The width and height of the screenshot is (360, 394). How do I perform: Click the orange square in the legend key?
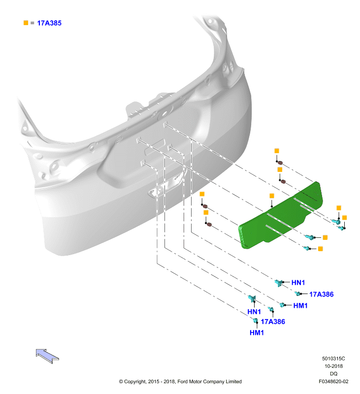click(26, 23)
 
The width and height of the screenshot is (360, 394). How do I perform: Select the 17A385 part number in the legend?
click(49, 23)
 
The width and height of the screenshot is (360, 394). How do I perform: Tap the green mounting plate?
click(280, 216)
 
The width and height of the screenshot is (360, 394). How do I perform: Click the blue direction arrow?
click(47, 356)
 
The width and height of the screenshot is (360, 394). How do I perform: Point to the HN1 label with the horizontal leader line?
click(298, 283)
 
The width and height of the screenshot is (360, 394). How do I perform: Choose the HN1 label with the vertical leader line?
click(254, 312)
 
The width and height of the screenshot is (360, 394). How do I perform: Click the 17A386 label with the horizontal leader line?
click(321, 294)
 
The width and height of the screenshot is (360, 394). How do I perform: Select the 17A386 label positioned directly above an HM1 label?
click(273, 322)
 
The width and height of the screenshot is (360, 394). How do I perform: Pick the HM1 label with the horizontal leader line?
click(300, 305)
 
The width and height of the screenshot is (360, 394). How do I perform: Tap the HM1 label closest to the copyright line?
click(257, 333)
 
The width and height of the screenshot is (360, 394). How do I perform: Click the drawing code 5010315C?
click(333, 359)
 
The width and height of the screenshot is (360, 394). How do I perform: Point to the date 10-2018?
click(333, 366)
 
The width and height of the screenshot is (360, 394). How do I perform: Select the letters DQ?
click(333, 374)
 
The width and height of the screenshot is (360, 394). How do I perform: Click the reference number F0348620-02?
click(333, 381)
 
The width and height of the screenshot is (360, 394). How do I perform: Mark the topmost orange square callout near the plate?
click(277, 151)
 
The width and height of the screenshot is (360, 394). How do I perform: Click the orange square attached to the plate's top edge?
click(271, 196)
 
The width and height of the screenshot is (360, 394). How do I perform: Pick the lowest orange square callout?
click(320, 249)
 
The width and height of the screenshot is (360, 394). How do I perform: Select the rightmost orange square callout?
click(344, 218)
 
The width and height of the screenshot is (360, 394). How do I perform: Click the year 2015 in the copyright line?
click(153, 381)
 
